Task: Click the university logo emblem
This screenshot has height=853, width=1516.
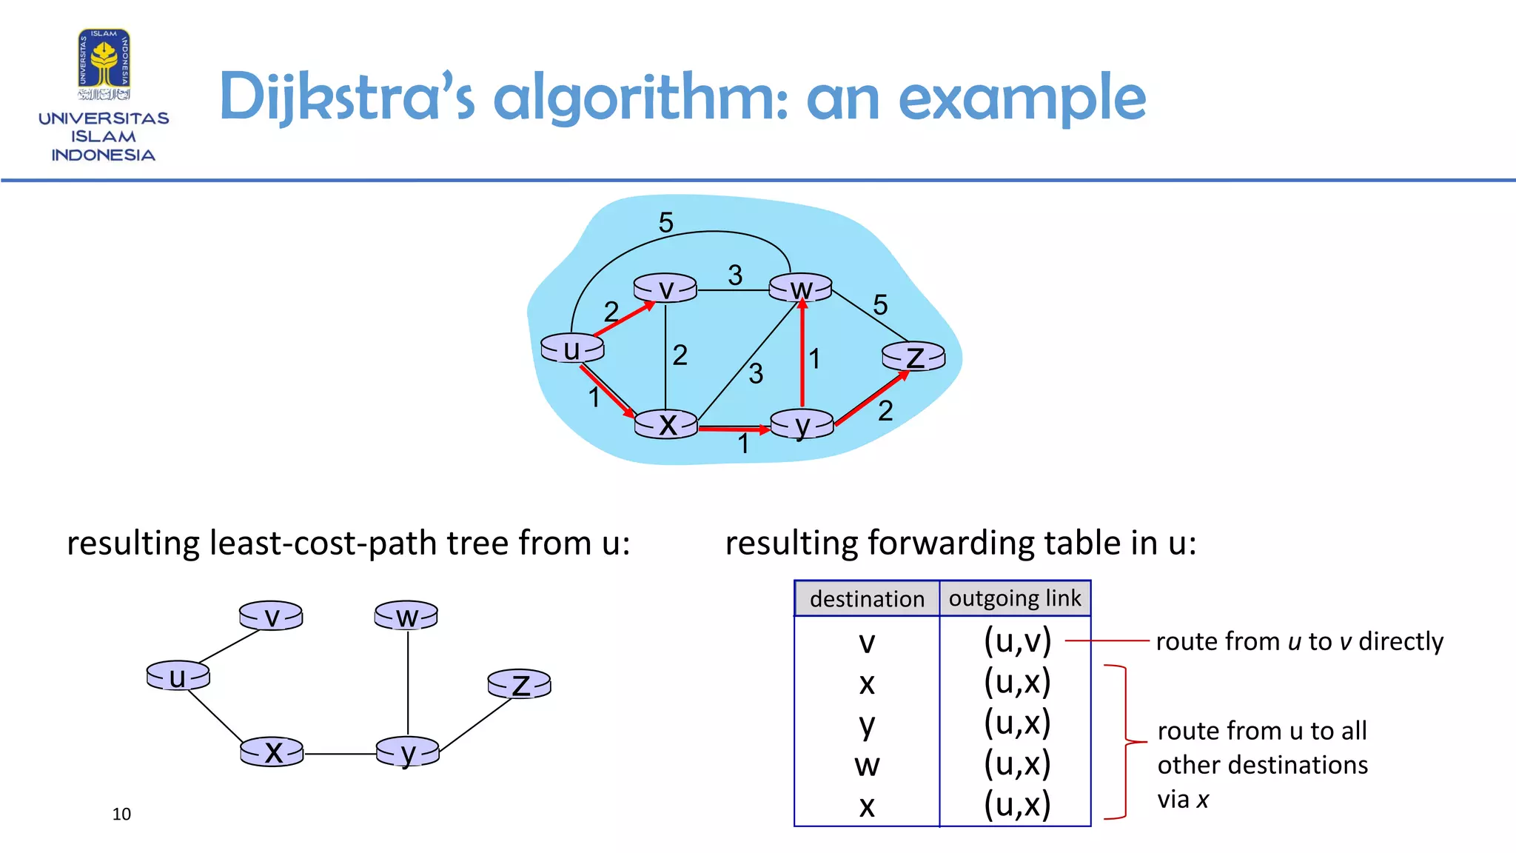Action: tap(104, 64)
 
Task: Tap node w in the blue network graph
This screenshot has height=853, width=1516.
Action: tap(800, 288)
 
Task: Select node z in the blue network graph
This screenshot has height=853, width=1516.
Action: tap(913, 357)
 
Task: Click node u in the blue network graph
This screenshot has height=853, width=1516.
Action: tap(572, 349)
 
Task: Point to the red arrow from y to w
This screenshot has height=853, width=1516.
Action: tap(802, 355)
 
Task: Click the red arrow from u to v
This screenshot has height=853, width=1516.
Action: tap(623, 318)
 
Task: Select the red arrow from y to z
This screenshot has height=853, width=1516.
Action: tap(871, 399)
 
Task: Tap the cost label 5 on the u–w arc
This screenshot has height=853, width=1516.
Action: tap(665, 222)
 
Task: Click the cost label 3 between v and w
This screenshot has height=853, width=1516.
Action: tap(734, 275)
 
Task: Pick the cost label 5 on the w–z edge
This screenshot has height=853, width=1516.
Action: tap(880, 304)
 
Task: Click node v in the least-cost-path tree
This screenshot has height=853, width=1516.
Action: tap(271, 616)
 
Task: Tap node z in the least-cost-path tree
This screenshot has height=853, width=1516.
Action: tap(520, 684)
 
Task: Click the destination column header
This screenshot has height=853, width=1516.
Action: tap(867, 598)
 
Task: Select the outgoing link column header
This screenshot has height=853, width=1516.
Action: tap(1015, 598)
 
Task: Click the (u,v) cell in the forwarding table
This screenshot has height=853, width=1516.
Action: tap(1017, 641)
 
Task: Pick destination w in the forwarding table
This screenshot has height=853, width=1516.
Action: tap(867, 765)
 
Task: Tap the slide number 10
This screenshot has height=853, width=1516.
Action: tap(121, 814)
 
